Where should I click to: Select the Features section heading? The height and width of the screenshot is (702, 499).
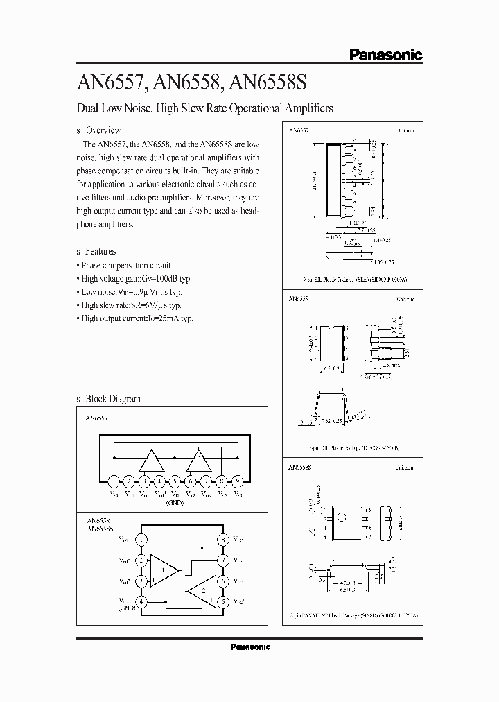coord(100,251)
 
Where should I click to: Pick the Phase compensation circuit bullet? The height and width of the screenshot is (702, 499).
coord(125,265)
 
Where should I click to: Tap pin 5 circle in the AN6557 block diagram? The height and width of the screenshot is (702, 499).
coord(175,481)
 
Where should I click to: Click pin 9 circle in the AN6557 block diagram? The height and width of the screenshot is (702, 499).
coord(238,481)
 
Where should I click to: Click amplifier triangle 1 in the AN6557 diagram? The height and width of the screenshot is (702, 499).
coord(151,459)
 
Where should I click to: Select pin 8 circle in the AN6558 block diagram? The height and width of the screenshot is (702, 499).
coord(222,539)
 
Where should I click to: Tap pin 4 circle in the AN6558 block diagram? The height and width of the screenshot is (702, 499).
coord(141,601)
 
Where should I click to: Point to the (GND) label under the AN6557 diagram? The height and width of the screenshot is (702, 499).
coord(175,502)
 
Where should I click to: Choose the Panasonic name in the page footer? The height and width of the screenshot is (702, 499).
coord(249,647)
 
